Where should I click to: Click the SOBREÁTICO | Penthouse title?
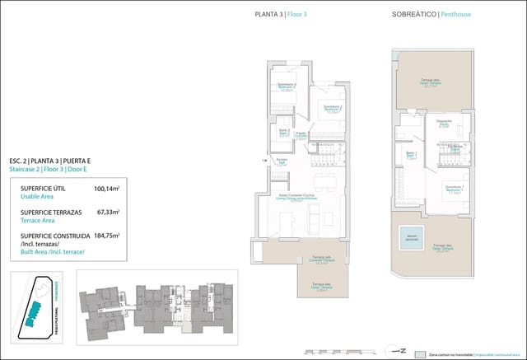427,13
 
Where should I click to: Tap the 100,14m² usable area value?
105,189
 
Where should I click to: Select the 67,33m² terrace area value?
107,212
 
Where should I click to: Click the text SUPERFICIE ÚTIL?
44,189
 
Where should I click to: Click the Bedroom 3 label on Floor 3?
287,87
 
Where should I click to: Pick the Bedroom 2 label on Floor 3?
332,109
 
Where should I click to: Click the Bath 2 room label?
284,133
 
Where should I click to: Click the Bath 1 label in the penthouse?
410,155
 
